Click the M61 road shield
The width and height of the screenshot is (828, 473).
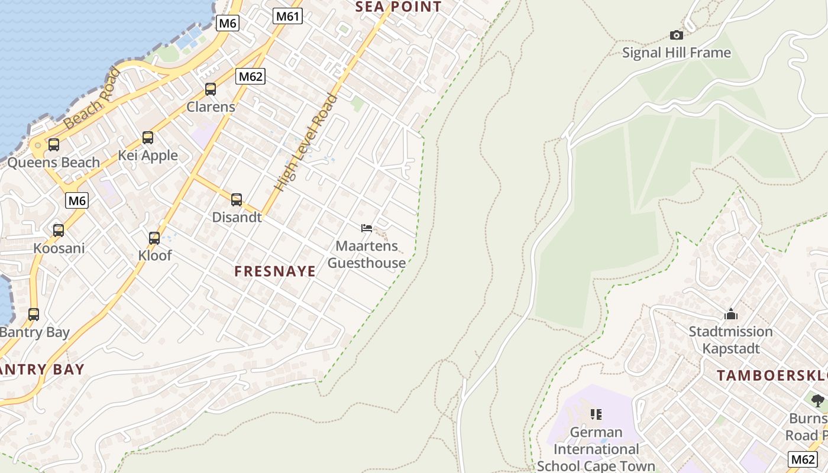tap(287, 17)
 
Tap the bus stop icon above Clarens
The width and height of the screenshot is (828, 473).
tap(211, 89)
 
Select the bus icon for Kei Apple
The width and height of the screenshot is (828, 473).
tap(148, 138)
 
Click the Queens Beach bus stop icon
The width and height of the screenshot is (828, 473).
tap(54, 144)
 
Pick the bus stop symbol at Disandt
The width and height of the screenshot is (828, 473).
tap(237, 200)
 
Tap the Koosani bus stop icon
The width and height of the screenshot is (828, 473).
tap(59, 231)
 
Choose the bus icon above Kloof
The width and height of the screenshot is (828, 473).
tap(154, 238)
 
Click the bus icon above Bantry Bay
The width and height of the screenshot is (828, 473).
tap(34, 315)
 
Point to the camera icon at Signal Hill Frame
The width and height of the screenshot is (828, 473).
tap(676, 35)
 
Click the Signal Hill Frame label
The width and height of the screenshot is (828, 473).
tap(676, 53)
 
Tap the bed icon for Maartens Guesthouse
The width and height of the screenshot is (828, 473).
tap(367, 228)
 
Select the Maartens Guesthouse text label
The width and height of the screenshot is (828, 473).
tap(367, 254)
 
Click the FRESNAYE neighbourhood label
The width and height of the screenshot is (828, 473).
tap(275, 271)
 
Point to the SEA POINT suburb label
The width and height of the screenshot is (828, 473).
tap(398, 7)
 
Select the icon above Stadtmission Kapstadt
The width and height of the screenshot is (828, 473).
tap(731, 314)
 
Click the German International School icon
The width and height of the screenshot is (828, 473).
tap(596, 414)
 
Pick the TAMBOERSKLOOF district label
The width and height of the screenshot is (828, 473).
tap(772, 375)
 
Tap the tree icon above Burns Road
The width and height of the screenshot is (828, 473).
tap(818, 401)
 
